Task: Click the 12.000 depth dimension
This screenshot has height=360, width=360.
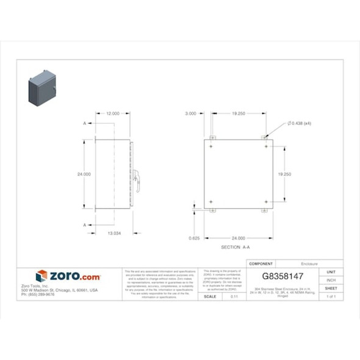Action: [113, 113]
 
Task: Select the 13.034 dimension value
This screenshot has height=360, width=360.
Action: [114, 233]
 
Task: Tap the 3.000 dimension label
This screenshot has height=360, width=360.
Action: [191, 113]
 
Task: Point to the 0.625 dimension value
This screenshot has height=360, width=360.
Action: [195, 237]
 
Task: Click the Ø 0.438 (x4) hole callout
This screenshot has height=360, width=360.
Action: [300, 123]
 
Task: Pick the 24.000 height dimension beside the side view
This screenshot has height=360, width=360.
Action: [84, 175]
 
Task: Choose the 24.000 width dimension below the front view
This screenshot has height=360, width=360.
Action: [238, 238]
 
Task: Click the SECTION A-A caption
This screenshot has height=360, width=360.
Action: [236, 248]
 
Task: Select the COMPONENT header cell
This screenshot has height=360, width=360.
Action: [262, 264]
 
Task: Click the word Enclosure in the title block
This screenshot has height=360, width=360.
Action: [310, 264]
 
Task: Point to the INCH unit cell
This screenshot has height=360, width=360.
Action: [331, 280]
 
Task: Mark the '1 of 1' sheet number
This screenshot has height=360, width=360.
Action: [331, 297]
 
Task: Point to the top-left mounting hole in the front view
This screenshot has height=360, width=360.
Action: [211, 147]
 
